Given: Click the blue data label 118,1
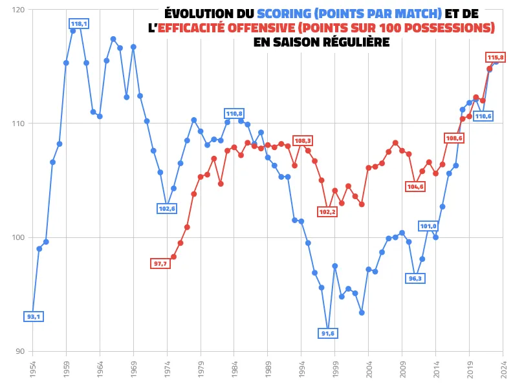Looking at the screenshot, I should tap(79, 24).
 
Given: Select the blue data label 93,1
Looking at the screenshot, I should tap(34, 317).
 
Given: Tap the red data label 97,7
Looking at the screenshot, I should tap(160, 264).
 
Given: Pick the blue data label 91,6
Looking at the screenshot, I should tap(328, 333).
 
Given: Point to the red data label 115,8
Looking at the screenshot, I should tap(495, 58).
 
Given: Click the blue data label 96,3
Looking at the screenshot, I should tap(415, 279).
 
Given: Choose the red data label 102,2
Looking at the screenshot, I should tap(327, 212).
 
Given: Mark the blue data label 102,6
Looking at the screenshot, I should tap(166, 208).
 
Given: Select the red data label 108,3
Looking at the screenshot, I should tap(303, 140).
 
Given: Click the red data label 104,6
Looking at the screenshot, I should tap(415, 186).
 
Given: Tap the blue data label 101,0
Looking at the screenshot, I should tap(429, 226).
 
